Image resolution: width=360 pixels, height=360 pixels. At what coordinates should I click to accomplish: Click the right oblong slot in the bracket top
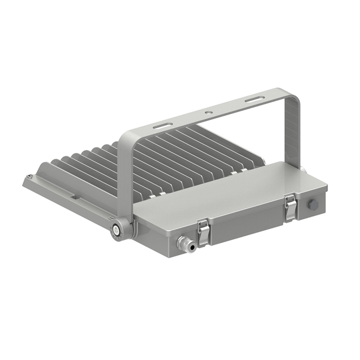point(255,99)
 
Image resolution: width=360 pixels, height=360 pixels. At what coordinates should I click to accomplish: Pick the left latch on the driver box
point(203,231)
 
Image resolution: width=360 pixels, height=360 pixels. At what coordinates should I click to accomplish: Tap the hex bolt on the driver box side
point(312,205)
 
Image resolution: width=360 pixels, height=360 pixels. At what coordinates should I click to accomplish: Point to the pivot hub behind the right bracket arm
point(302,169)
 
